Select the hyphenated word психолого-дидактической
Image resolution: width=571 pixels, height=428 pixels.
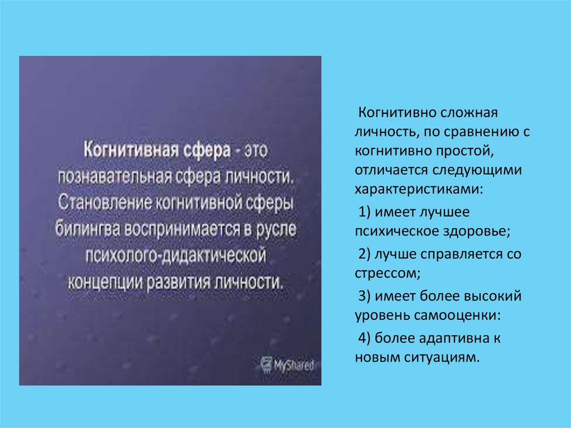[175, 254]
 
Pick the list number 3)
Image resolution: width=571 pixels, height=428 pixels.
[365, 296]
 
